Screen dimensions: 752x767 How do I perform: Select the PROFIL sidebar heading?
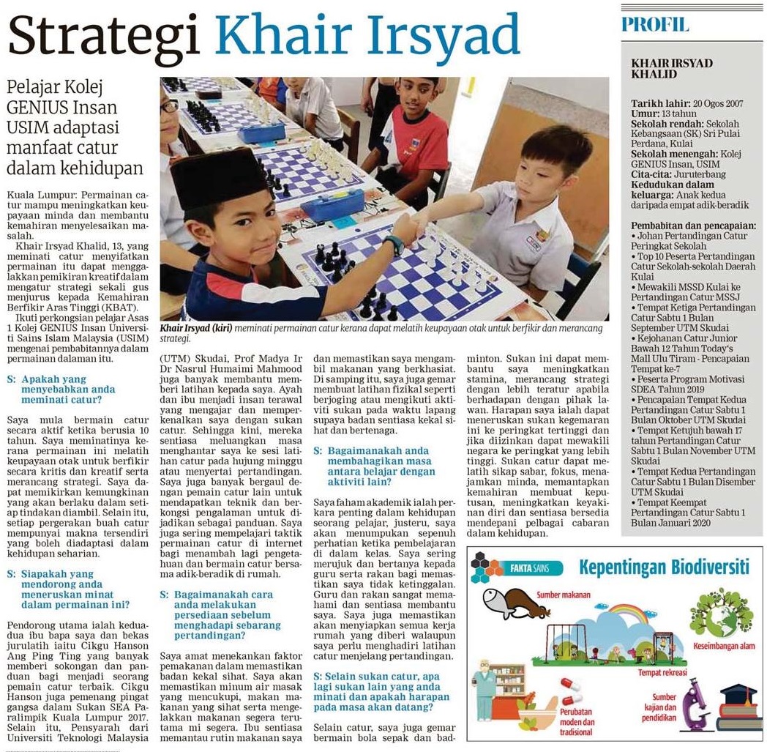pos(655,24)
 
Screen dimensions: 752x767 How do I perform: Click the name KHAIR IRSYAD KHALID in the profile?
pos(672,69)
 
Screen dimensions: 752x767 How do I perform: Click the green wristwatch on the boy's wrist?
pos(394,245)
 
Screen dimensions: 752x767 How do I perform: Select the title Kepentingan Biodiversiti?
pos(664,567)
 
